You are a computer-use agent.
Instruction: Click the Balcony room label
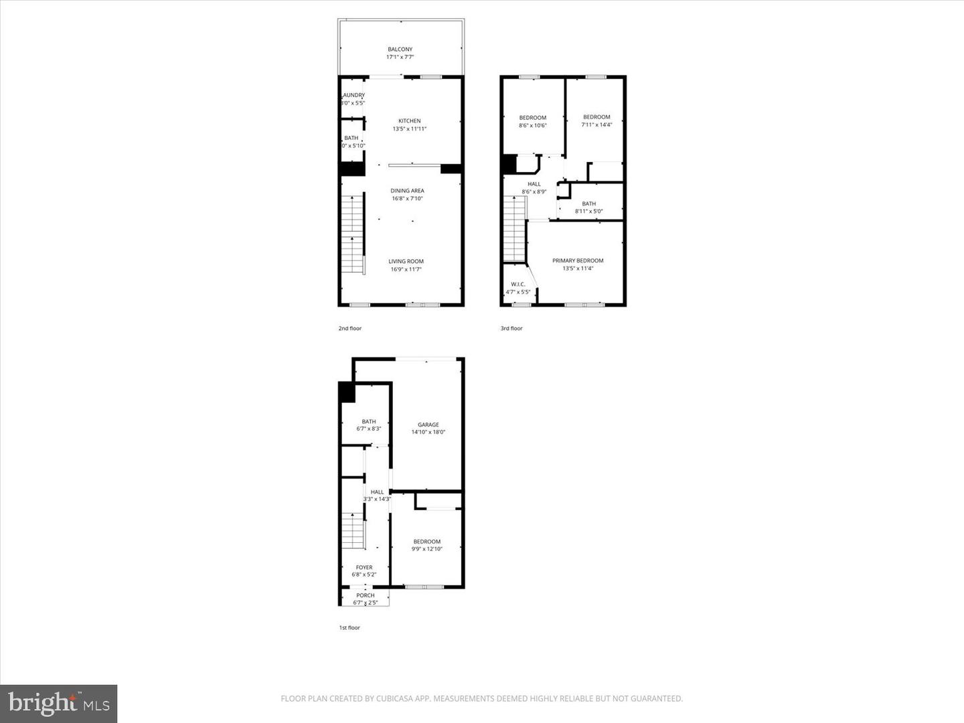click(x=400, y=50)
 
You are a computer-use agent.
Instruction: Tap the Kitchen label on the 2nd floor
click(x=409, y=121)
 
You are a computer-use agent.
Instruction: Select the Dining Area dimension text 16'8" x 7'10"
click(x=407, y=199)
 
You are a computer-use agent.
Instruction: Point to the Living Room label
click(x=406, y=262)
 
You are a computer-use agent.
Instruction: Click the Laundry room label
click(x=353, y=96)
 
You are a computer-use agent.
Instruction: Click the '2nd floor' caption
click(x=349, y=329)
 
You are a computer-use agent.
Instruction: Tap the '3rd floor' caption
click(x=511, y=329)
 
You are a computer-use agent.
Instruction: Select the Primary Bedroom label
click(x=577, y=261)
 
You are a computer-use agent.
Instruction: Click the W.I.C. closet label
click(x=517, y=285)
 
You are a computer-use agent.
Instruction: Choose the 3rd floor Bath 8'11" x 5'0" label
click(x=588, y=208)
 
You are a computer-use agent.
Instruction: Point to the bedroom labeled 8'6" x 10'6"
click(x=532, y=122)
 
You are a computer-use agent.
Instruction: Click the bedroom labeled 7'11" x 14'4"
click(x=596, y=120)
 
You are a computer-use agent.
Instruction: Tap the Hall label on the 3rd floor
click(x=534, y=184)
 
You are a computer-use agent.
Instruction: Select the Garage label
click(x=428, y=424)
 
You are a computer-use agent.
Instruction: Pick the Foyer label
click(x=364, y=568)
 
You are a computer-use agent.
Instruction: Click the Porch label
click(x=365, y=595)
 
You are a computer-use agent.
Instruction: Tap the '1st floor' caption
click(x=349, y=628)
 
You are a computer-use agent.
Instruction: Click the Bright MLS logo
click(x=59, y=704)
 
